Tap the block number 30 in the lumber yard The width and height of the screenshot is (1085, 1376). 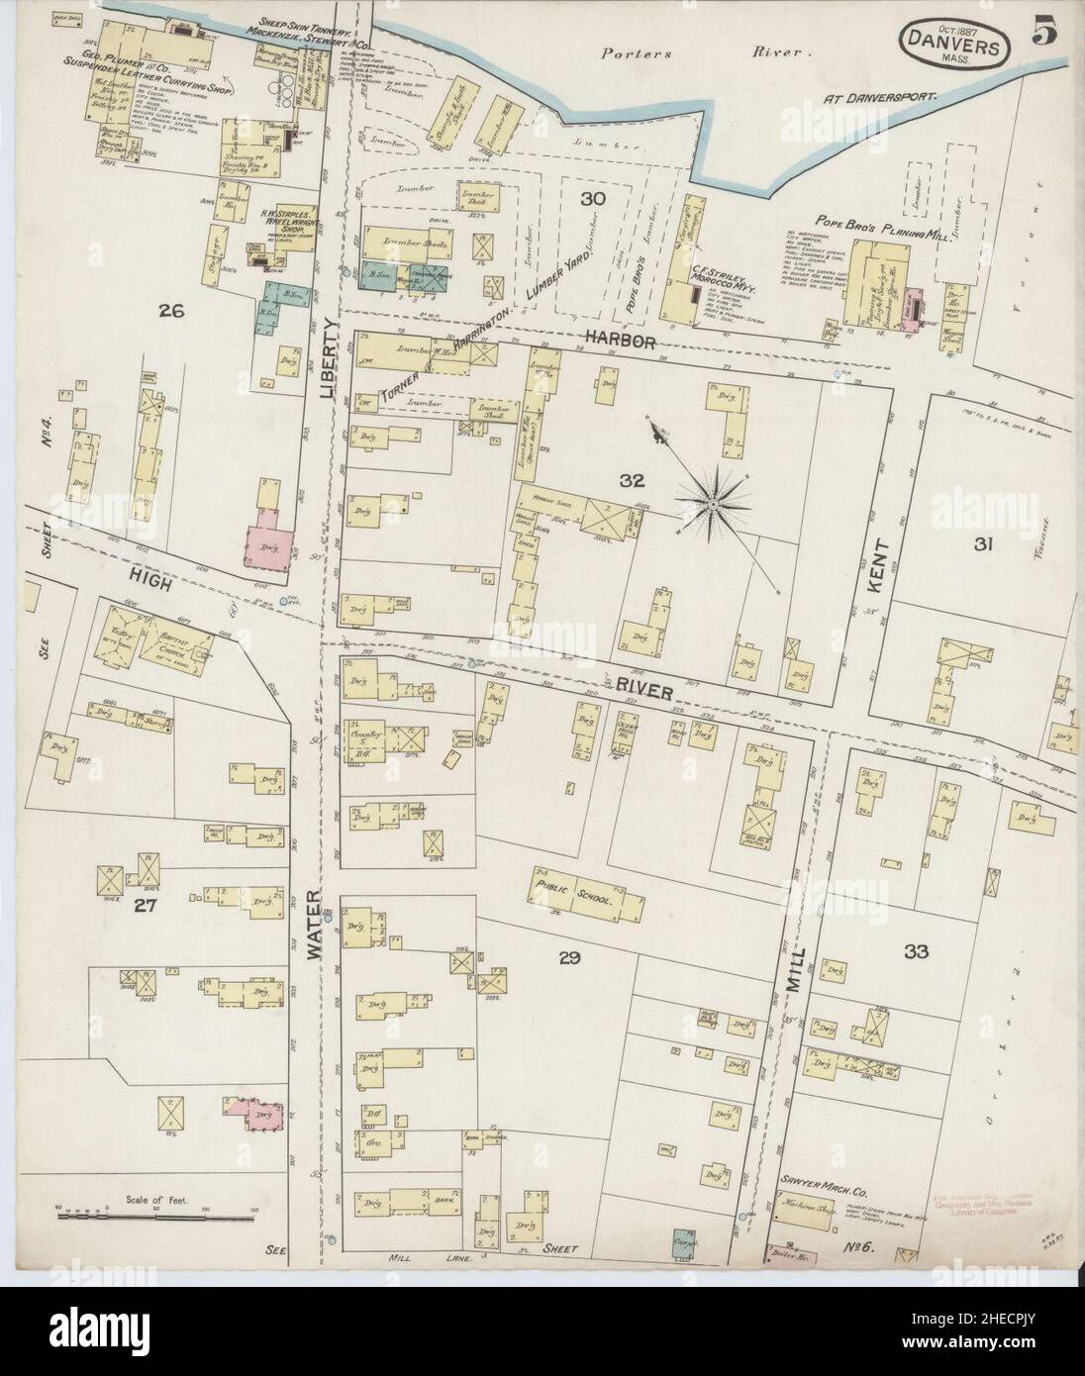(593, 199)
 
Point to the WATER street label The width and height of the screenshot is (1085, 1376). (316, 927)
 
